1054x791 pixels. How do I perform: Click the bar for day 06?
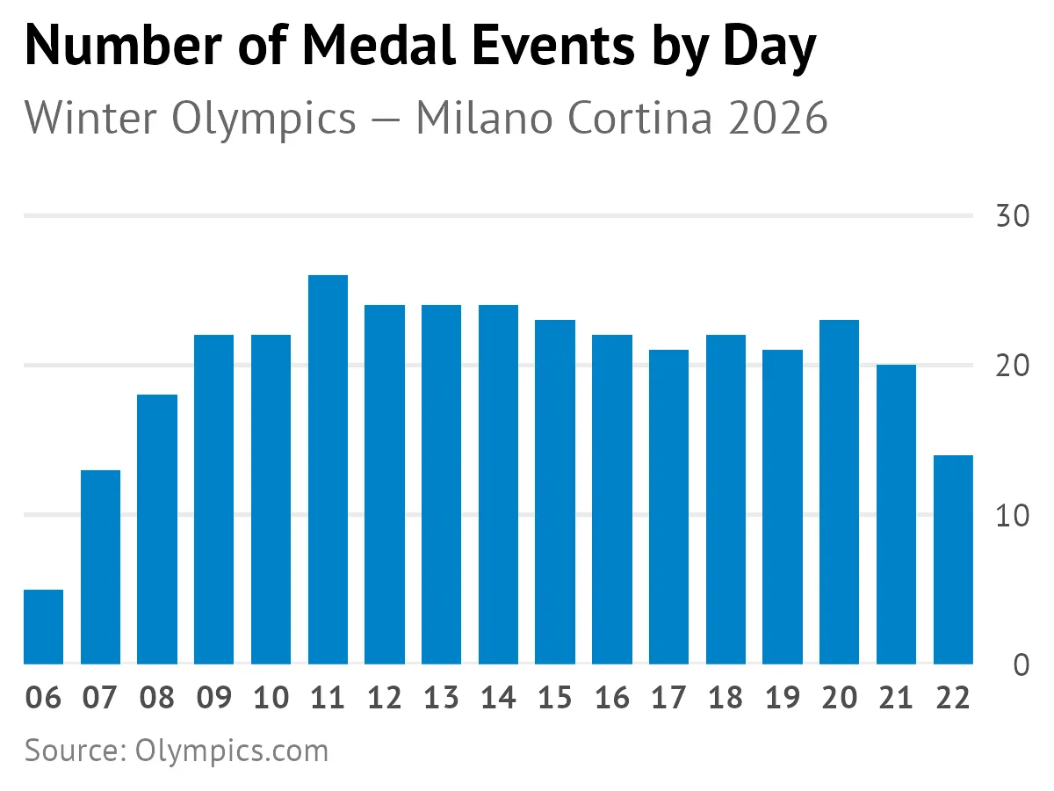point(43,627)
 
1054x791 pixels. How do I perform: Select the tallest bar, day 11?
point(328,470)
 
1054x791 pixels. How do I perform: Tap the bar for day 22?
point(953,560)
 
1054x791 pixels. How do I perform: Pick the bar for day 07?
point(100,567)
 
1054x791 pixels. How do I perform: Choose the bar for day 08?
point(157,529)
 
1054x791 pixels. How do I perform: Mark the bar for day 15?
point(555,492)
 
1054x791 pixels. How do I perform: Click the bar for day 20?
point(839,492)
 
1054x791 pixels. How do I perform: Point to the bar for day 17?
point(668,507)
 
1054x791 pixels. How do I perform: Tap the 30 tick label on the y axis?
point(1013,217)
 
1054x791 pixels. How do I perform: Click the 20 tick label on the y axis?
point(1013,366)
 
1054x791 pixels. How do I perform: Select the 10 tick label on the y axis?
point(1013,516)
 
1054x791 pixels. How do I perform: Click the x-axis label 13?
point(441,698)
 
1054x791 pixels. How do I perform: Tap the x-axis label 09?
point(213,698)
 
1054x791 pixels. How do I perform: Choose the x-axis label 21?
point(896,698)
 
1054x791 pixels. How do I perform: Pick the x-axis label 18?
point(726,698)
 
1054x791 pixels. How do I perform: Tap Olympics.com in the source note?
point(232,751)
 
